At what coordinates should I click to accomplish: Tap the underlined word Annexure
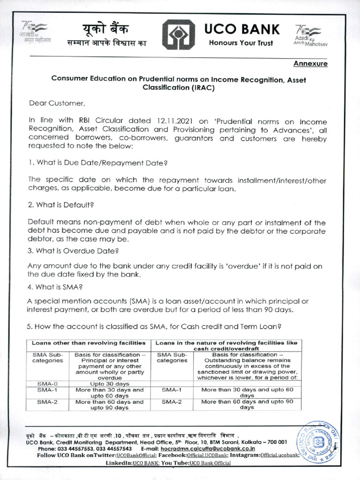coord(310,64)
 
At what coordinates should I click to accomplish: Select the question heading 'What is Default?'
coord(61,205)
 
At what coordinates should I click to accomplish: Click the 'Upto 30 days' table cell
coord(110,383)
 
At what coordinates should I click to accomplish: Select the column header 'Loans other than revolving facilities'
coord(90,343)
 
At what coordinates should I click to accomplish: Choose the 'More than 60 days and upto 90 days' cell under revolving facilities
coord(247,405)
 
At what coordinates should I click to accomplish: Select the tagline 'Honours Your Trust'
coord(241,43)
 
